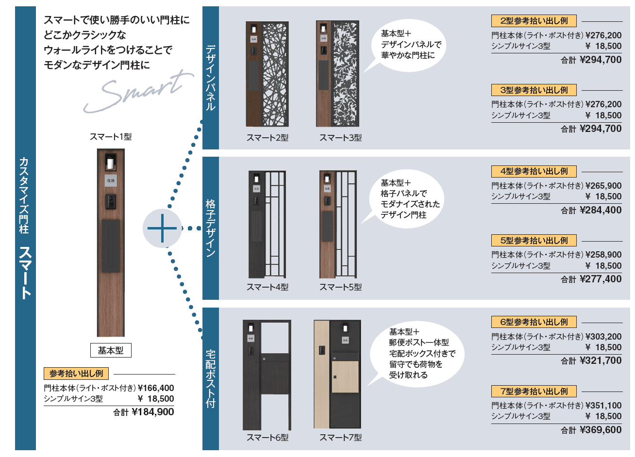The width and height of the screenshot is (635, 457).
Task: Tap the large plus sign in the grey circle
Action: click(162, 228)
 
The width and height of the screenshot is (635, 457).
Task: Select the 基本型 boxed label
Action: click(111, 350)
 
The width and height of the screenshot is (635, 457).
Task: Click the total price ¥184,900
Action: click(152, 412)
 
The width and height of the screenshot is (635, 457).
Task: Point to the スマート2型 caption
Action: click(267, 138)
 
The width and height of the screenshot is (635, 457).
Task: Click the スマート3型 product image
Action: click(337, 74)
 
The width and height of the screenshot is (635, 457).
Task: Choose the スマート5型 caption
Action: click(340, 287)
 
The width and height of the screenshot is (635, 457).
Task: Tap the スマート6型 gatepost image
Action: click(267, 375)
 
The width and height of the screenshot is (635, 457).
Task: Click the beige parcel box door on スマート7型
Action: click(345, 376)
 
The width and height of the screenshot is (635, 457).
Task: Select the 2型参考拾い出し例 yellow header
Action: click(534, 21)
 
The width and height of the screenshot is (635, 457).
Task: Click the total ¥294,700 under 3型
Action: click(601, 129)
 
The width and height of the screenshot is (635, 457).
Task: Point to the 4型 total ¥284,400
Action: click(601, 210)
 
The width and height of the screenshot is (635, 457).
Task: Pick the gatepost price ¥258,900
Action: click(603, 255)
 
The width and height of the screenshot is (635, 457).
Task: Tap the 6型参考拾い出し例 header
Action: click(534, 322)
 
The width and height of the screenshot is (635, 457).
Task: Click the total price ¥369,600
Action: click(601, 430)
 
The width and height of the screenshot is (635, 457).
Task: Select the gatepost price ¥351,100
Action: click(603, 406)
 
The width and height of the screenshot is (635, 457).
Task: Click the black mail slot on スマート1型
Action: click(111, 245)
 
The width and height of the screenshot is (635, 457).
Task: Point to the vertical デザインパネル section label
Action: click(211, 78)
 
